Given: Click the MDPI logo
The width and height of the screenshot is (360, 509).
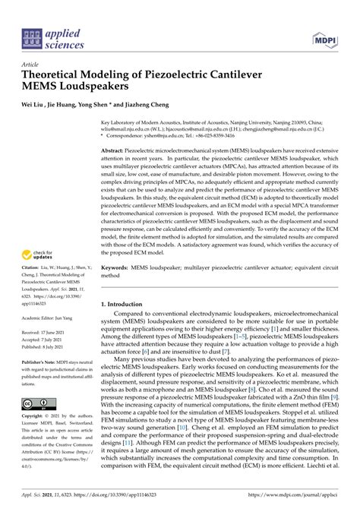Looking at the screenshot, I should point(323,37).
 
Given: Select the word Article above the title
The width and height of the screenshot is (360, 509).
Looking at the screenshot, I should point(30,66).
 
